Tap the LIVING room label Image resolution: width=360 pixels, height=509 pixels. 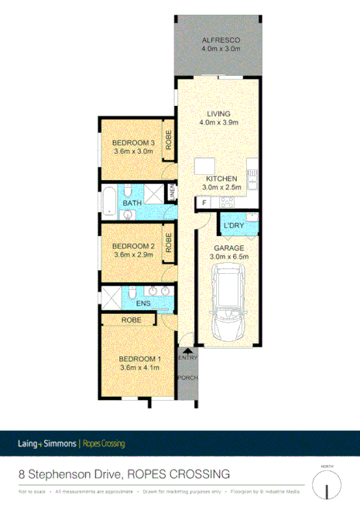218,114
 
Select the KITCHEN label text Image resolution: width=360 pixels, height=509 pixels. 221,179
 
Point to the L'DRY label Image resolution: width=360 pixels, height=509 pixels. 233,225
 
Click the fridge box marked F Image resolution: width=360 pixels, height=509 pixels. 204,203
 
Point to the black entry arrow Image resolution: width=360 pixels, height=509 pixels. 187,350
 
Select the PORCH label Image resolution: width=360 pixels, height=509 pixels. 187,377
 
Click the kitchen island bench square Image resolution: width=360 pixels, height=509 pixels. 204,167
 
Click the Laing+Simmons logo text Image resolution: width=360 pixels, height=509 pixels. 47,443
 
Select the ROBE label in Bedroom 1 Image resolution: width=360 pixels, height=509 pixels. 131,319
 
